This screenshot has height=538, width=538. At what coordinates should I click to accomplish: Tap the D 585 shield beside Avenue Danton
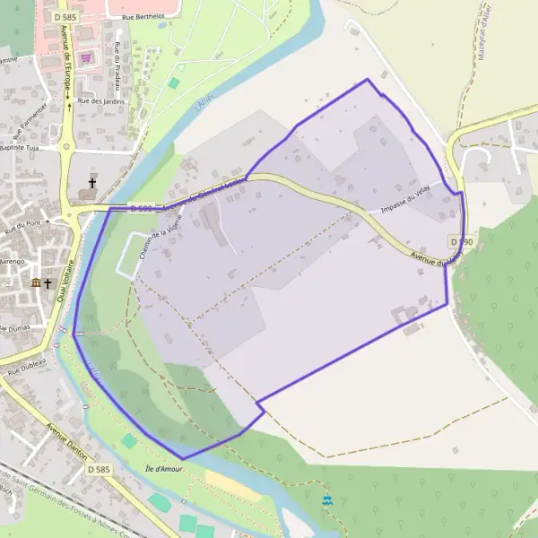(x=99, y=469)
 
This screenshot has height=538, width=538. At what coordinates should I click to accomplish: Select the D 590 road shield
(x=461, y=242)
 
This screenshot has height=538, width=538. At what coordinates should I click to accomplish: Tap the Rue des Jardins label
(x=101, y=101)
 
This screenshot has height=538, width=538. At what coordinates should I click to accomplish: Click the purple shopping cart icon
(x=86, y=57)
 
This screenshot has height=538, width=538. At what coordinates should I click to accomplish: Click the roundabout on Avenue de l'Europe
(x=65, y=146)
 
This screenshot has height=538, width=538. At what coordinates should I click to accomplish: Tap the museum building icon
(x=35, y=283)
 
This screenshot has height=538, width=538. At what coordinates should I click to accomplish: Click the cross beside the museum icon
(x=48, y=283)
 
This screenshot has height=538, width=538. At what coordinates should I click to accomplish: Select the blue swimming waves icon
(x=326, y=498)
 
